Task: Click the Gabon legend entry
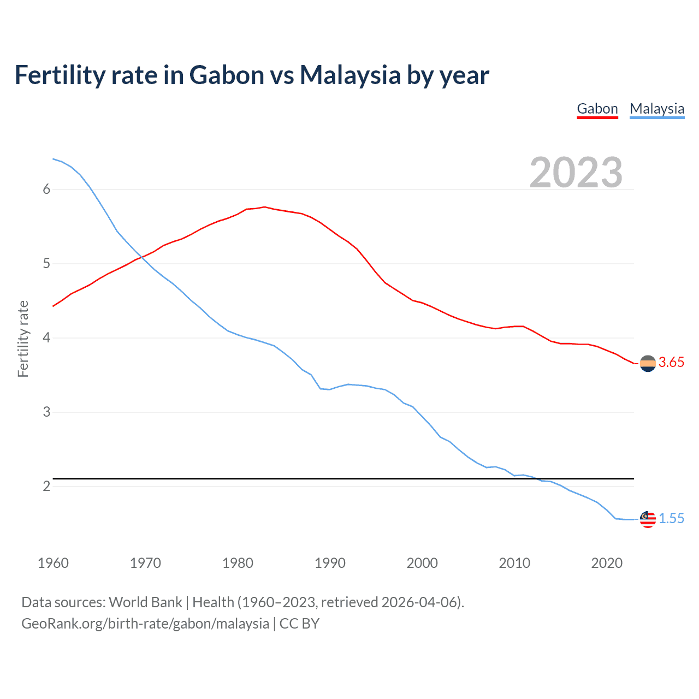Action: (597, 109)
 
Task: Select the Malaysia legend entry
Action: (657, 109)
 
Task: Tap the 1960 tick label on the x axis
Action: (53, 563)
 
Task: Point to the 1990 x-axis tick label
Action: (330, 563)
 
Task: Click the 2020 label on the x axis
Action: (607, 563)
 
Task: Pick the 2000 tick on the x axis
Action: (422, 563)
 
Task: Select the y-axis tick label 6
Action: (46, 189)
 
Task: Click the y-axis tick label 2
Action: (46, 486)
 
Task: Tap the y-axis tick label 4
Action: (46, 338)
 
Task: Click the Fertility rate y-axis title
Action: (23, 339)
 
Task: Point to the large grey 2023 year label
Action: (576, 173)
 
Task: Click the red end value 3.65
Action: (671, 363)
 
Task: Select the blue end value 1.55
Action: (671, 519)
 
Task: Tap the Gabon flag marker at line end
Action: (648, 363)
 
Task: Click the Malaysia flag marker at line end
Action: (648, 519)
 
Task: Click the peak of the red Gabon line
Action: (264, 207)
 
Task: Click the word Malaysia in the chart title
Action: (350, 75)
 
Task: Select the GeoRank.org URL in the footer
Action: (145, 624)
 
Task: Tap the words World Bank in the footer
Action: (145, 602)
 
